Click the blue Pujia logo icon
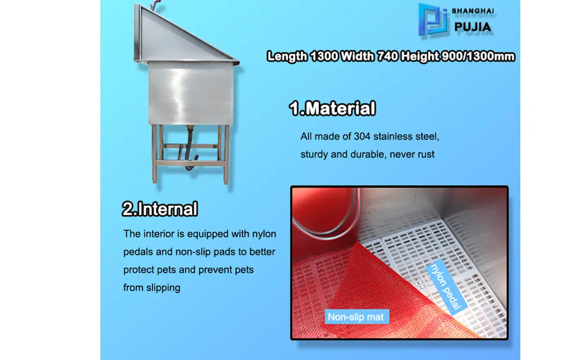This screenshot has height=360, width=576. [432, 20]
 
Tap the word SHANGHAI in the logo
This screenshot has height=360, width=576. [473, 11]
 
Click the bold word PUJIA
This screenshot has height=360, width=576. [473, 27]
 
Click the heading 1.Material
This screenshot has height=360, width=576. [332, 108]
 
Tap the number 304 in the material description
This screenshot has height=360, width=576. [361, 136]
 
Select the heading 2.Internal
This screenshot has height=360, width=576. [160, 208]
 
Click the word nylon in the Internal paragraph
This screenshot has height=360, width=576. [264, 234]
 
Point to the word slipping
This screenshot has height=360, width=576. [163, 288]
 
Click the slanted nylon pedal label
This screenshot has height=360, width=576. [446, 287]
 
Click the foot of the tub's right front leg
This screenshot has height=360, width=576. [226, 181]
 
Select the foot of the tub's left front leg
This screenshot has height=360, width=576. [155, 180]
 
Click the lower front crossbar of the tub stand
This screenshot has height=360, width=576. [190, 163]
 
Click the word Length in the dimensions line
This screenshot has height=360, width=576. [287, 57]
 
